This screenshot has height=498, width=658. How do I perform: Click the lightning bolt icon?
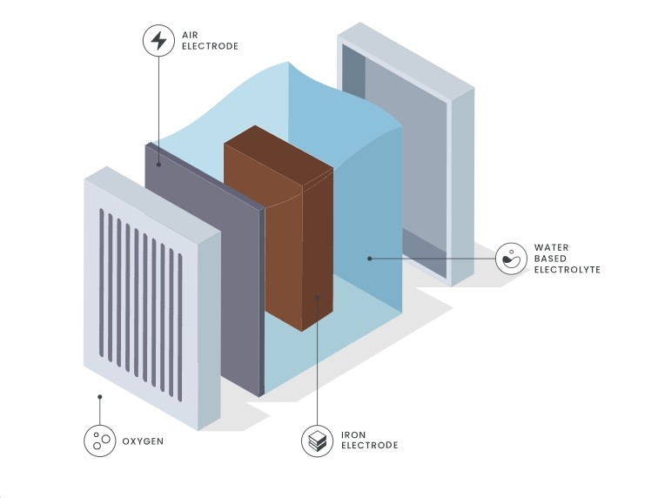[x=158, y=41]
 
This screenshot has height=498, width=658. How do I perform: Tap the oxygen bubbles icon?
[x=100, y=441]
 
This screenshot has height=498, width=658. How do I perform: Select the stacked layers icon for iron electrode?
[x=317, y=441]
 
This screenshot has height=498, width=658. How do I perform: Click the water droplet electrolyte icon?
[x=511, y=259]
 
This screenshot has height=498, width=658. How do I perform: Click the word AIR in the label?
[x=190, y=35]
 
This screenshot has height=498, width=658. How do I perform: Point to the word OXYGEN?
[x=143, y=441]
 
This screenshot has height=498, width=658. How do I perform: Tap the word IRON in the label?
[x=353, y=434]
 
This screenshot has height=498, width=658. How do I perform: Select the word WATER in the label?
[x=552, y=247]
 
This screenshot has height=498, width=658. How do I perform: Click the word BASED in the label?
[x=550, y=259]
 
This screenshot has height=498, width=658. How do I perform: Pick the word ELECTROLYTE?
[x=567, y=270]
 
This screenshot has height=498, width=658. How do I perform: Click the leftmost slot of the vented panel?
[x=101, y=283]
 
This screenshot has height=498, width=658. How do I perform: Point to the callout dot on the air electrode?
[x=158, y=165]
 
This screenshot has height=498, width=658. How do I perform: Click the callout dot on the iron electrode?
[x=317, y=297]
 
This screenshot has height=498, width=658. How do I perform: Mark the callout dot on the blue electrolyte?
[x=369, y=259]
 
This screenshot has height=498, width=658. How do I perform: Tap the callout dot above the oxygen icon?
[x=100, y=396]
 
